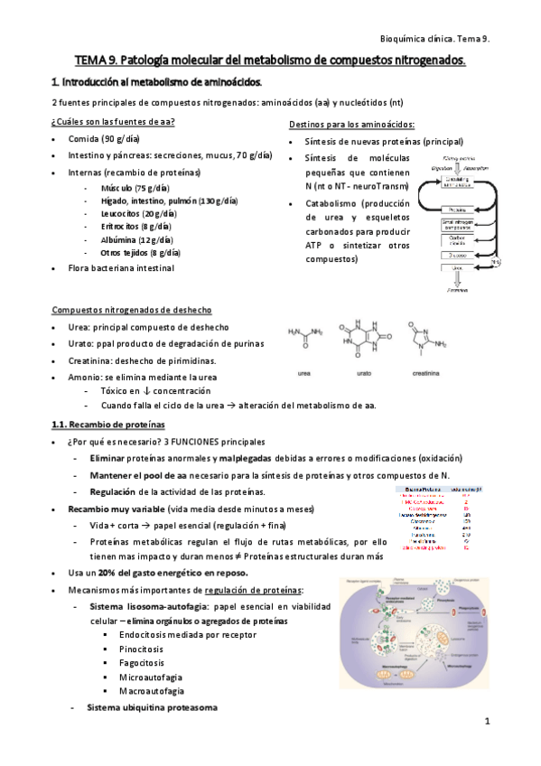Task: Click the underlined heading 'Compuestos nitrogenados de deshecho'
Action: (135, 310)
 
